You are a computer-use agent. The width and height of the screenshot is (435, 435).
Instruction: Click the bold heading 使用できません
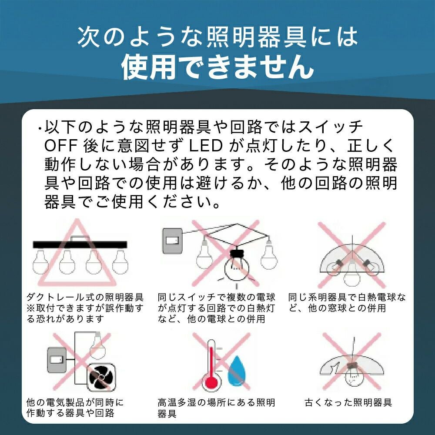click(218, 67)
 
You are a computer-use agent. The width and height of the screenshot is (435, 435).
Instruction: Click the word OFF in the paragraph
click(61, 146)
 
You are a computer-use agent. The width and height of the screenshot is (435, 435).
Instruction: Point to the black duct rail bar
click(80, 244)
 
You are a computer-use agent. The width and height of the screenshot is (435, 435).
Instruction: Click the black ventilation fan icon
click(101, 377)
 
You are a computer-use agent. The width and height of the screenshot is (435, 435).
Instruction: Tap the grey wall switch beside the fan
click(57, 360)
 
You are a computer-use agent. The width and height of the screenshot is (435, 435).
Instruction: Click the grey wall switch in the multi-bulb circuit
click(172, 241)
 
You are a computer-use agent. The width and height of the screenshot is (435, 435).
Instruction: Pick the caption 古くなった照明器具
click(348, 402)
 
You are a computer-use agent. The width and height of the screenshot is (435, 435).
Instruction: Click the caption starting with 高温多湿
click(216, 408)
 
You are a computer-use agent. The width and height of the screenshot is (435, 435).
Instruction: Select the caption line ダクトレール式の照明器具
click(85, 297)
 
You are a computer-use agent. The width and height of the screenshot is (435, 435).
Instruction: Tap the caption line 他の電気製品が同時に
click(75, 402)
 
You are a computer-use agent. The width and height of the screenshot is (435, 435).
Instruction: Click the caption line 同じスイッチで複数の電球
click(216, 297)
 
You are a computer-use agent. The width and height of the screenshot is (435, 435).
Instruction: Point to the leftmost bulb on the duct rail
click(40, 261)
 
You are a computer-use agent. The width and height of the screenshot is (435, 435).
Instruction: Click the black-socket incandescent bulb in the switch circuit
click(237, 265)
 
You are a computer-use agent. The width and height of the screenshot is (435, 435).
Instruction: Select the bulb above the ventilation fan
click(98, 345)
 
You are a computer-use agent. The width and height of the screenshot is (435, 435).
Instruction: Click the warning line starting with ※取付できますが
click(85, 308)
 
